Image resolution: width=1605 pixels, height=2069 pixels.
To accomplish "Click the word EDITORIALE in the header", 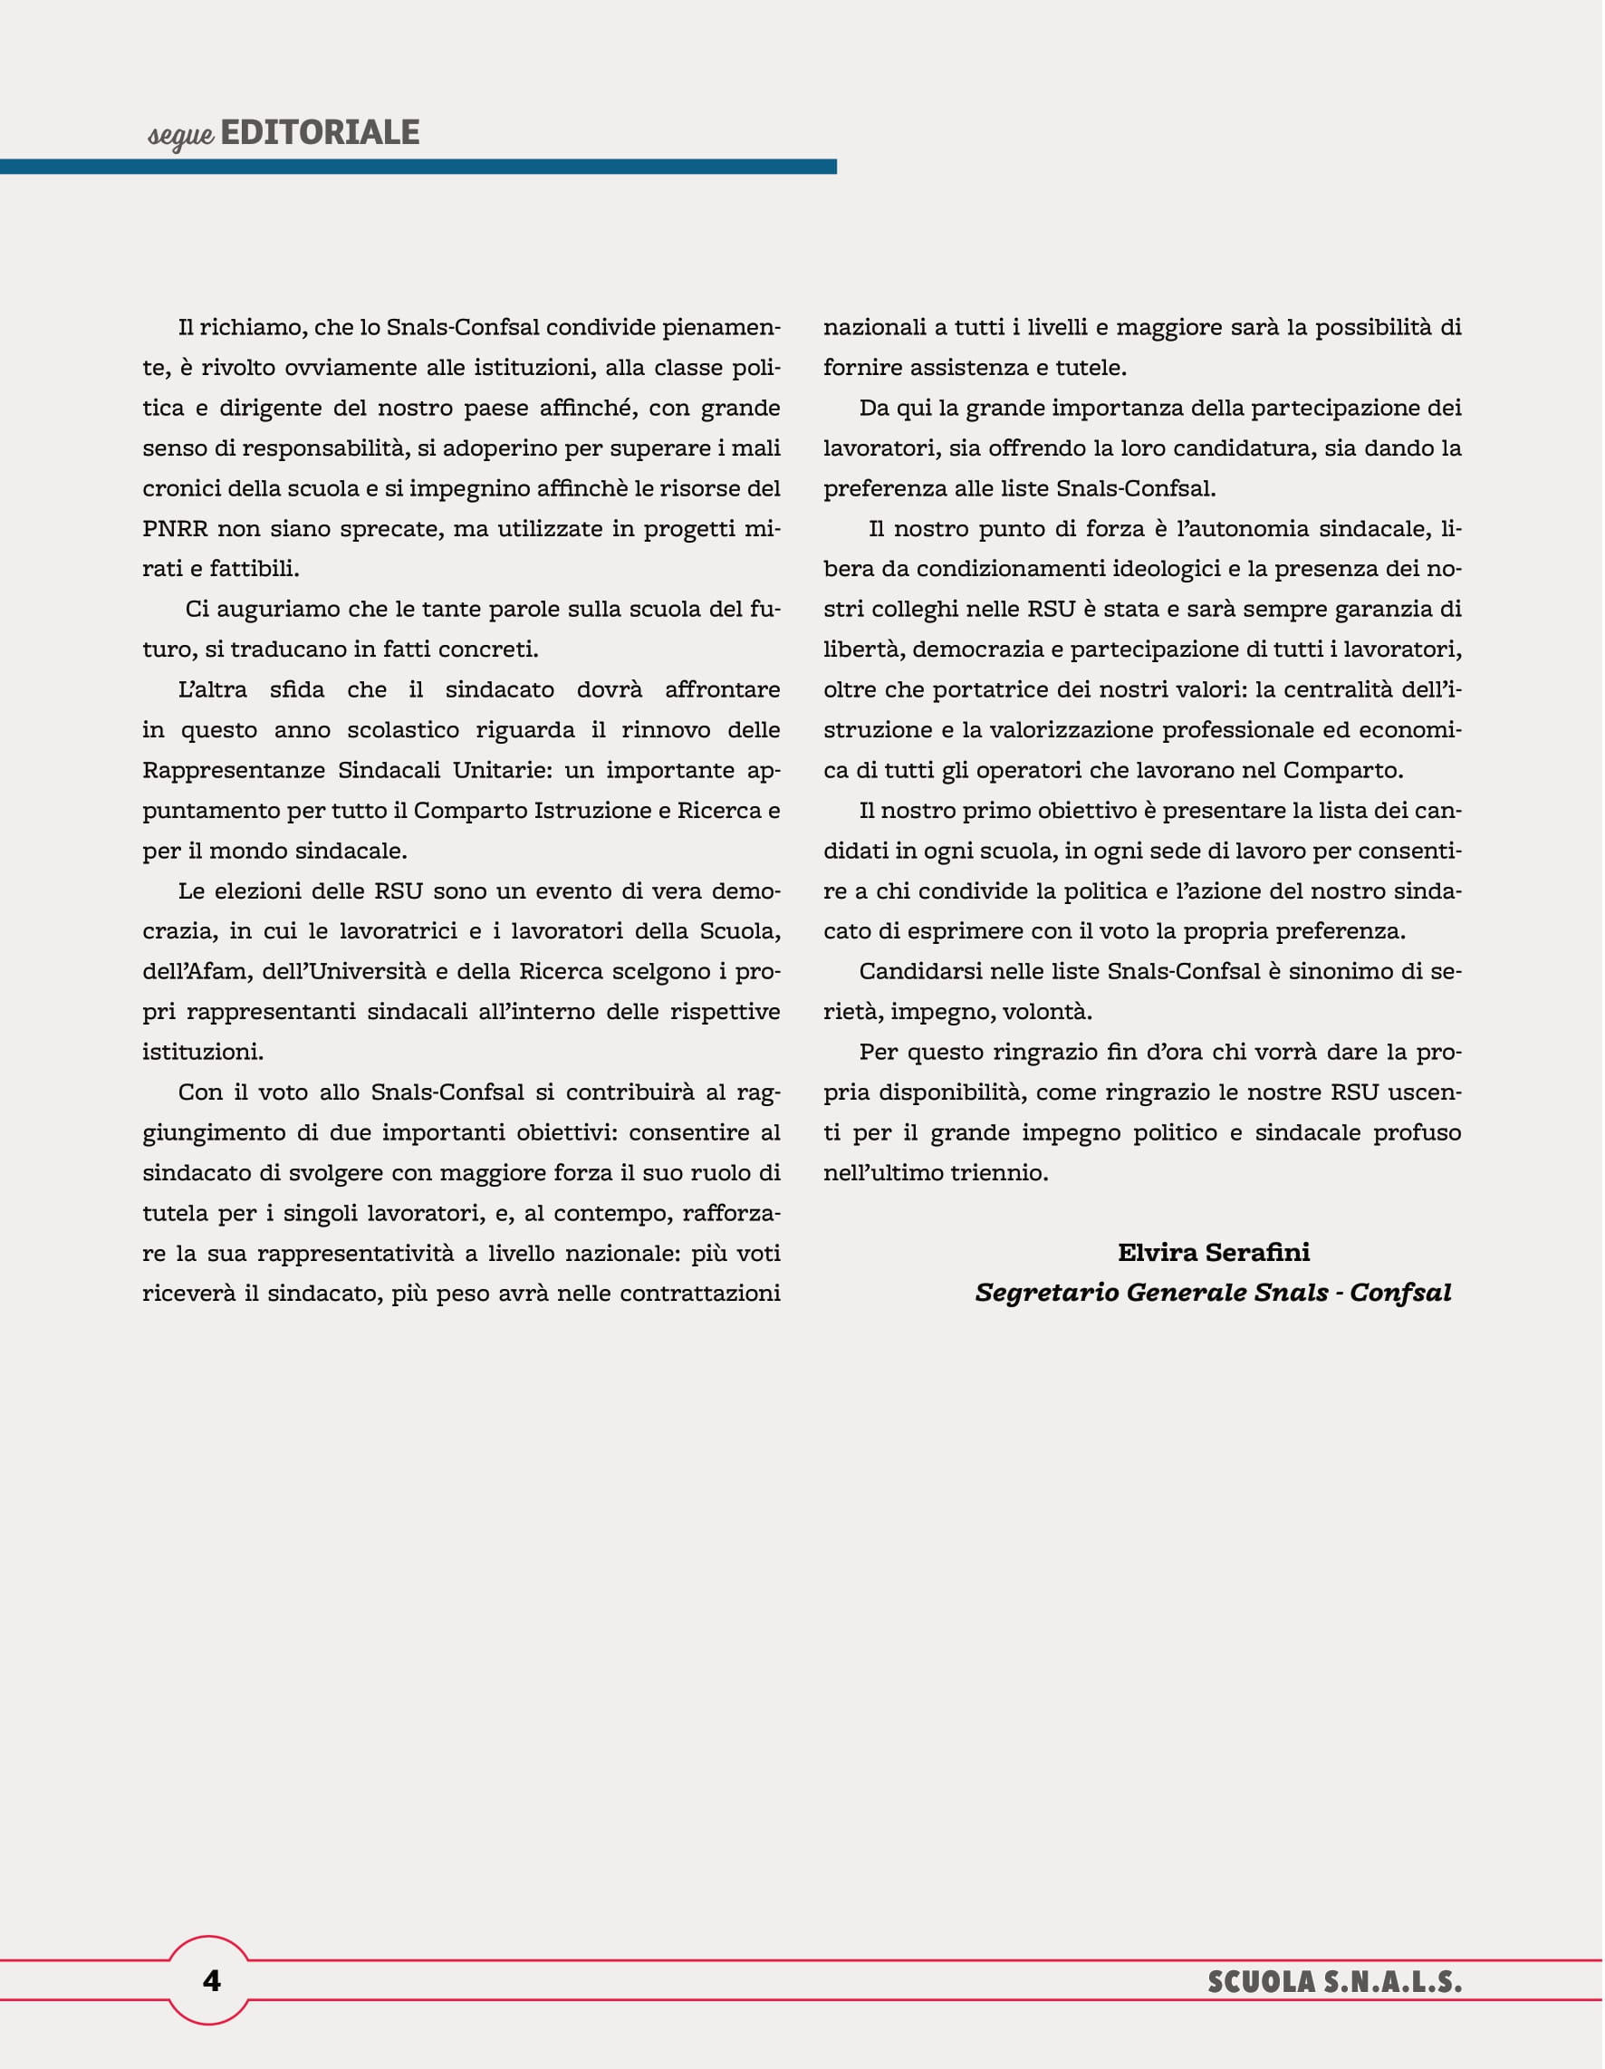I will coord(320,132).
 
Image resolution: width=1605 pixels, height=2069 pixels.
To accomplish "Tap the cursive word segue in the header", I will coord(181,136).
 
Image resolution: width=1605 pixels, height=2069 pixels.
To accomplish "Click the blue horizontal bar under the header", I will coord(418,167).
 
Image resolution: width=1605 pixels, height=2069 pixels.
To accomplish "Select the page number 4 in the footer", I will coord(210,1981).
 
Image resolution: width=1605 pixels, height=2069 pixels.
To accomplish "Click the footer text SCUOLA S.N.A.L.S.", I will coord(1334,1982).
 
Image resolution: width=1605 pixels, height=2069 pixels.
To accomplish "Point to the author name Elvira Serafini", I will coord(1214,1253).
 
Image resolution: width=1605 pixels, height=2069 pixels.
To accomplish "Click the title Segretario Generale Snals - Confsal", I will coord(1213,1294).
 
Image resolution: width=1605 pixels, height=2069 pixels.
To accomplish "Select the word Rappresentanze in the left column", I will coord(234,770).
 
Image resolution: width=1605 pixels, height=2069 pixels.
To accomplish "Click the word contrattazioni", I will coord(699,1294).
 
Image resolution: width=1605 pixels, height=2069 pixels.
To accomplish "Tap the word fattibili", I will coord(254,570).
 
